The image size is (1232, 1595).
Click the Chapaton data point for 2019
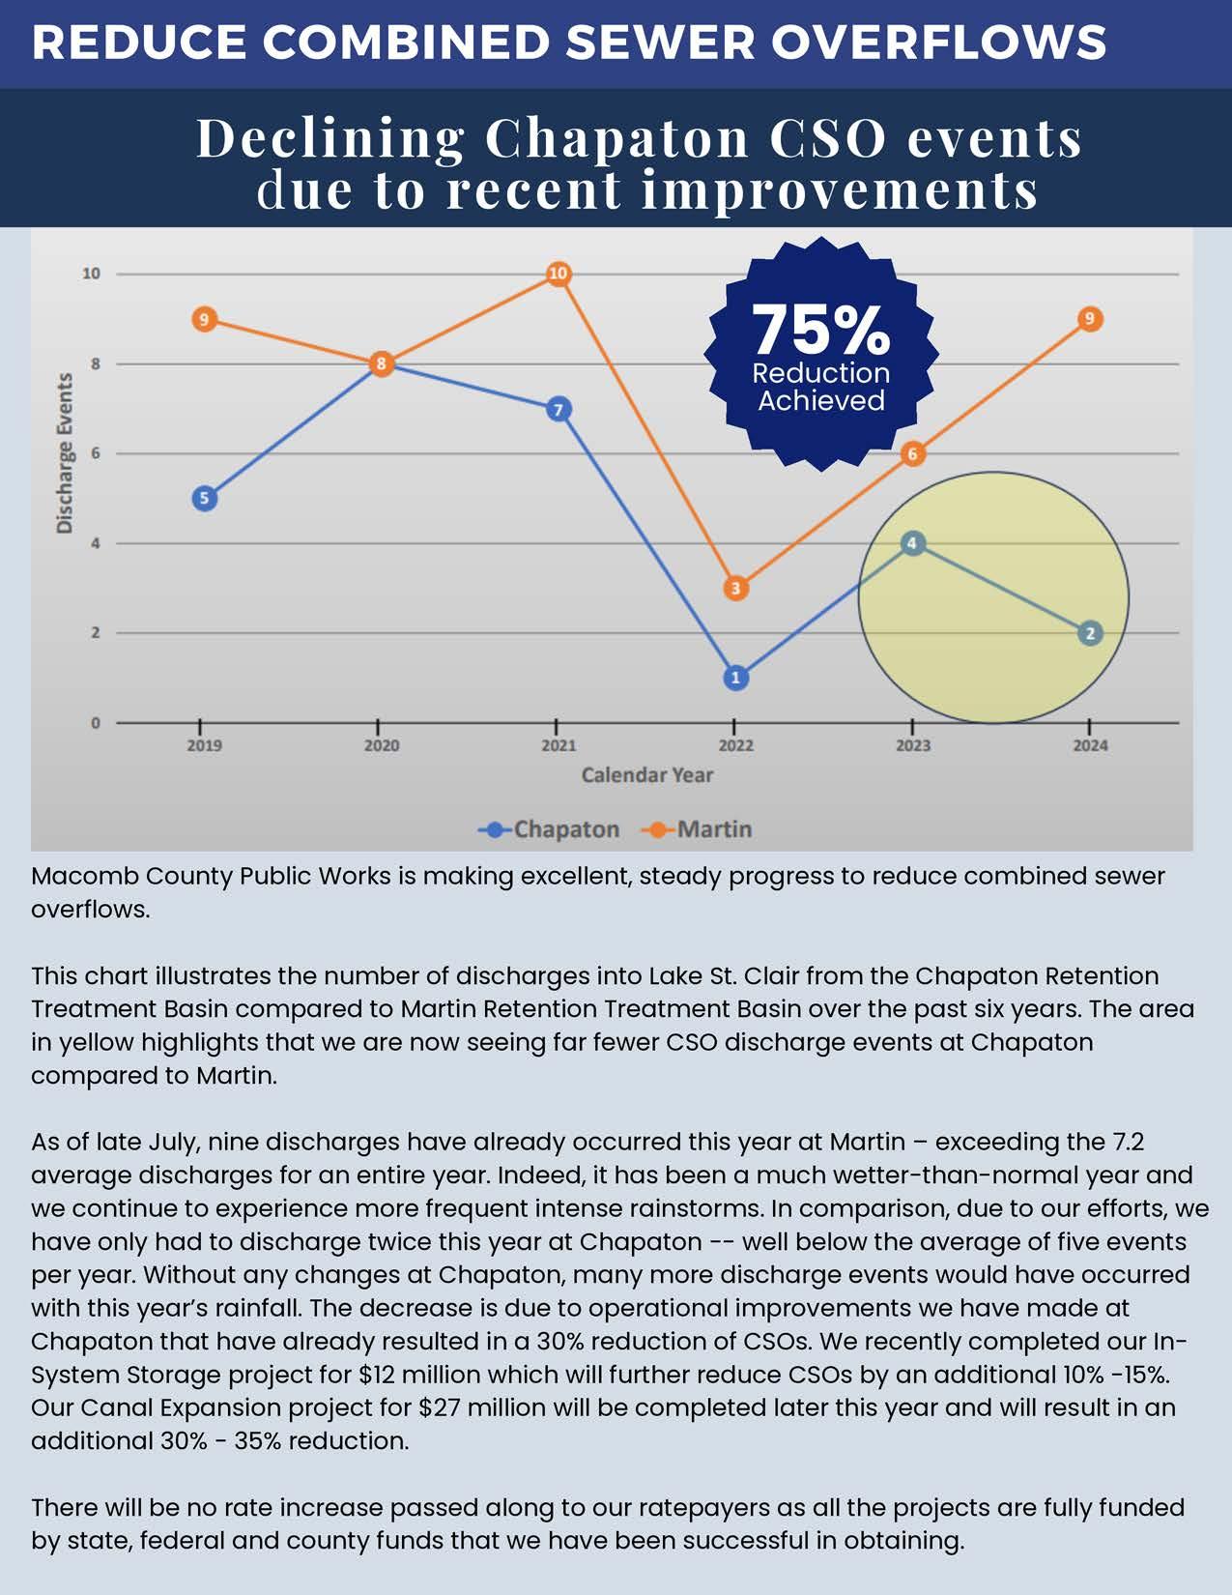click(204, 499)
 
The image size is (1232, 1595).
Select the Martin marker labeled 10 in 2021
click(559, 275)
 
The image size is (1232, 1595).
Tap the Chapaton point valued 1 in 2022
click(735, 678)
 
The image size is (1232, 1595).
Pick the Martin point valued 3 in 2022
click(735, 588)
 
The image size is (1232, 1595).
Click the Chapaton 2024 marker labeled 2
click(1090, 633)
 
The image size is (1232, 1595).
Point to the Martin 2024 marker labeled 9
click(1090, 319)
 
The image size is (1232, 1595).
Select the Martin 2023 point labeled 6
click(913, 454)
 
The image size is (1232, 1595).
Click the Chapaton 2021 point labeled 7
click(559, 410)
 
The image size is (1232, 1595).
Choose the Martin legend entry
click(701, 829)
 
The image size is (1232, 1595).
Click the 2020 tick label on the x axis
click(382, 745)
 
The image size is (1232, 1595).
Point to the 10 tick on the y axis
click(91, 275)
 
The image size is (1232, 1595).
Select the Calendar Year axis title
click(647, 775)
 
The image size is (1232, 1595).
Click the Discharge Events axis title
click(65, 453)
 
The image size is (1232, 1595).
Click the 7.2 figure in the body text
click(1128, 1142)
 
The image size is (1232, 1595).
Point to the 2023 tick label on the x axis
click(913, 745)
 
